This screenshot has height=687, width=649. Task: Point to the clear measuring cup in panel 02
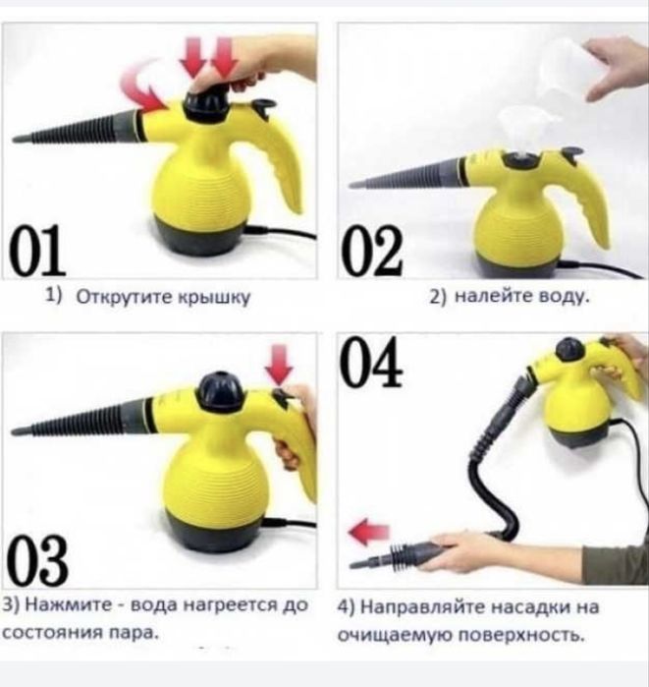(566, 68)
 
